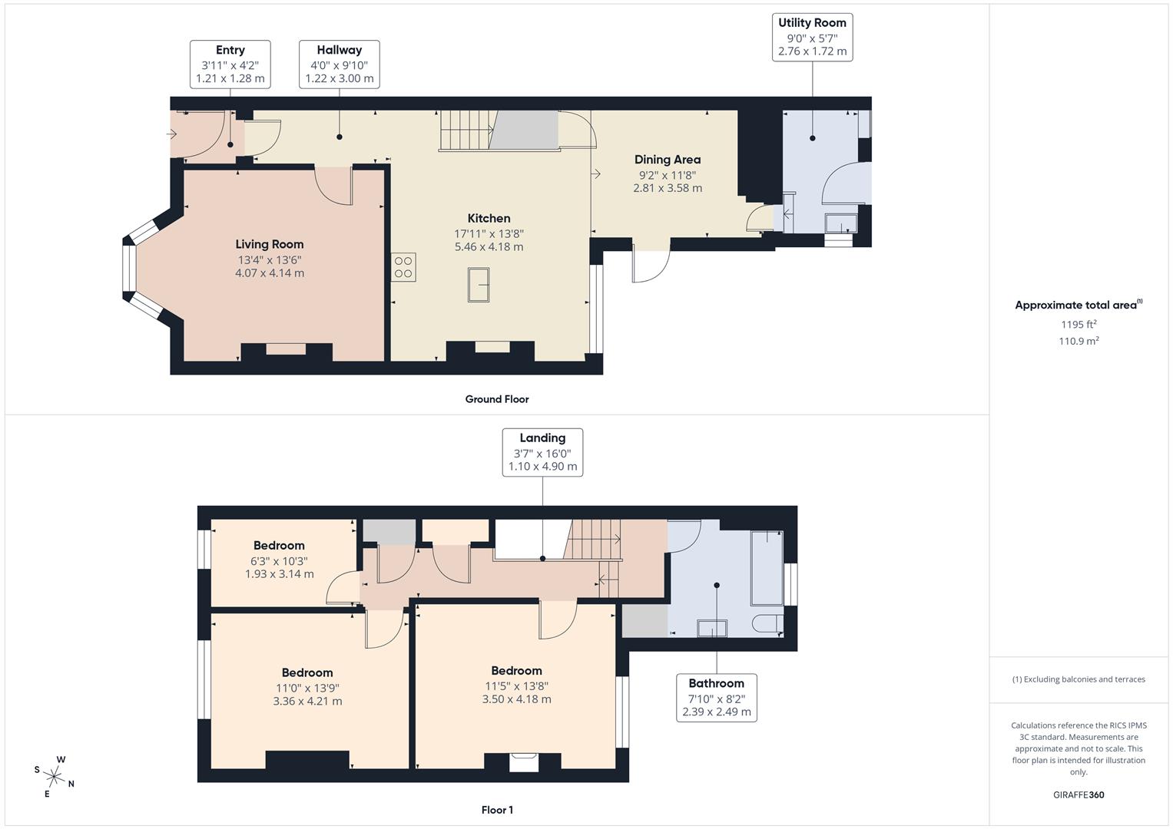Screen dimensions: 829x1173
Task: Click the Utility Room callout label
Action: (812, 37)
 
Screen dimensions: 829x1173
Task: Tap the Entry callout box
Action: (230, 64)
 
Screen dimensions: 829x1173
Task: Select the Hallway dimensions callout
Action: (339, 64)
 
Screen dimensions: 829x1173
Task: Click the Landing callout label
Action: (542, 452)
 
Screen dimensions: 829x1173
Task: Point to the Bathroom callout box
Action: (716, 698)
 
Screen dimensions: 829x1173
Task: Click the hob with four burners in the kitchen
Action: (403, 267)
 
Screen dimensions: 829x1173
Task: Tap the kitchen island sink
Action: (478, 285)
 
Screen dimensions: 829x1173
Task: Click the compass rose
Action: (55, 776)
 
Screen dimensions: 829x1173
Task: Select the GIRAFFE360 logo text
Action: (1079, 794)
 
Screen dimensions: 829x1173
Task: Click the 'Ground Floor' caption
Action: (497, 399)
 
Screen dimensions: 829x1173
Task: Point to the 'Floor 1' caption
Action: (497, 810)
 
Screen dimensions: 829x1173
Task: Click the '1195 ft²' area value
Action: (1079, 325)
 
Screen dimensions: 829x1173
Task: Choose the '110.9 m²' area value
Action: (1079, 342)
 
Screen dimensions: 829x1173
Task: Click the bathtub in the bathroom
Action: (767, 567)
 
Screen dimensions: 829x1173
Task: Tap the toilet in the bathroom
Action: (767, 623)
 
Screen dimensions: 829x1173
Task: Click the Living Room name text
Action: (270, 244)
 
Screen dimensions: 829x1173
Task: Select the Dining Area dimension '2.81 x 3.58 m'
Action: (668, 188)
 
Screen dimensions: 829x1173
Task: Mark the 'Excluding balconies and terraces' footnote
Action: (1079, 679)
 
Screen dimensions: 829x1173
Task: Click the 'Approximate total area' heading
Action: (1077, 306)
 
